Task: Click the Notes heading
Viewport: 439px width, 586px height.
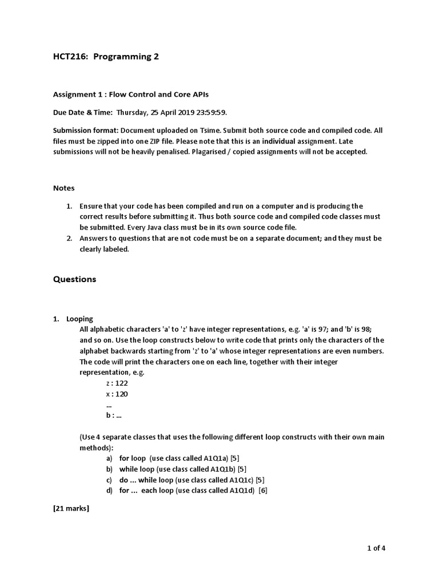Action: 64,188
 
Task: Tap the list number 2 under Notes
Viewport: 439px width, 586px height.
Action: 69,238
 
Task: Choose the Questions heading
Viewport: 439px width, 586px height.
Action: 75,279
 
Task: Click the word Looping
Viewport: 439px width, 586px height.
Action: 79,319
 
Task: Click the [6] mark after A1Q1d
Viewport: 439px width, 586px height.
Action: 263,491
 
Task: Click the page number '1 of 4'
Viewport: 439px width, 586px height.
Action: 376,548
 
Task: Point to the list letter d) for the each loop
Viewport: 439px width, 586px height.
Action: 109,491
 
